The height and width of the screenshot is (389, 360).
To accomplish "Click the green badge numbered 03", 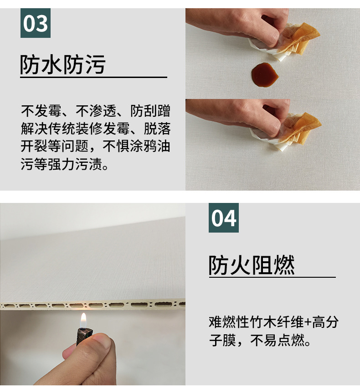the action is (x=36, y=23).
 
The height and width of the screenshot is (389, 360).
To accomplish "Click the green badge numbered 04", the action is (x=224, y=218).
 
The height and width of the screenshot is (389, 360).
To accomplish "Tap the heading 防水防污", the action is (x=63, y=64).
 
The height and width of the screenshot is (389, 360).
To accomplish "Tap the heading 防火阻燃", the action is (x=252, y=265).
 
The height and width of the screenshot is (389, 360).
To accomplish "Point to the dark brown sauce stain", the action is (x=265, y=74).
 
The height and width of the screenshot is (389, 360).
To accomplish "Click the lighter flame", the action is (x=83, y=320).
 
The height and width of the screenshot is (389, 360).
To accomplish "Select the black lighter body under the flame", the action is (x=84, y=336).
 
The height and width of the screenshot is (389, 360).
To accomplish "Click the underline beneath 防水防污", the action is (x=93, y=78).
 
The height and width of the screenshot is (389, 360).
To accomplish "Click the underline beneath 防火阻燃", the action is (x=272, y=277).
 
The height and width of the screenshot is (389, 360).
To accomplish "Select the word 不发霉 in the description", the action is (x=41, y=111).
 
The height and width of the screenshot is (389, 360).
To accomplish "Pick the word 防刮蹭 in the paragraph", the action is (x=150, y=111).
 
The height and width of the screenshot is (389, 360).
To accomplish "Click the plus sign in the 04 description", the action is (x=308, y=322).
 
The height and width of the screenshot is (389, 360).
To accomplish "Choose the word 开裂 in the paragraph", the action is (x=34, y=146).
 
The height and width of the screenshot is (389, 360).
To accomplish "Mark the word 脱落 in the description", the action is (x=157, y=129).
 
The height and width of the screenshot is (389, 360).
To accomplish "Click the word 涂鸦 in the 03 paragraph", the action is (x=144, y=146).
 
